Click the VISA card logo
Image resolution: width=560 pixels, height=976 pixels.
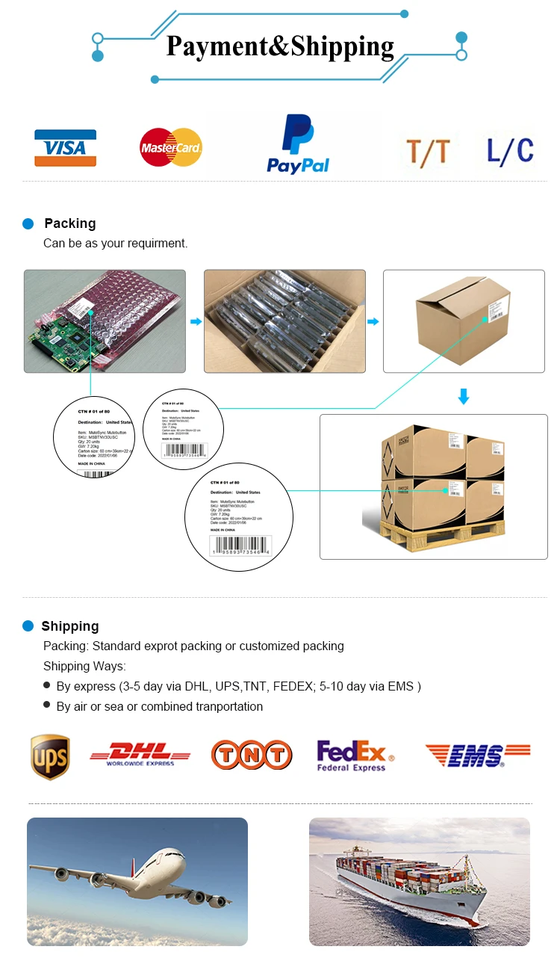(65, 148)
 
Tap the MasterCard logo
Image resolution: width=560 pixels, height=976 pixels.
(171, 147)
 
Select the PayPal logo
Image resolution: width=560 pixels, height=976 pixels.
(298, 145)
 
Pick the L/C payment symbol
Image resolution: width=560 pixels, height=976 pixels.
(510, 150)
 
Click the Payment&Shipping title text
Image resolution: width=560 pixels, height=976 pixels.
(280, 46)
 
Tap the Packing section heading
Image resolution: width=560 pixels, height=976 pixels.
(70, 223)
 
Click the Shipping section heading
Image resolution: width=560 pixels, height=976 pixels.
(70, 626)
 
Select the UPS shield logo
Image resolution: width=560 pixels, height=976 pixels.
(50, 756)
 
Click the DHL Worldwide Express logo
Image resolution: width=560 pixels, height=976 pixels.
(140, 754)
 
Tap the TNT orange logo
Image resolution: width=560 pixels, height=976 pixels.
(251, 755)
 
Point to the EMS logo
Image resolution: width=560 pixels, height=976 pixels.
(478, 756)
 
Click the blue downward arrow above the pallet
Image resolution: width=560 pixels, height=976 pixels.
(464, 396)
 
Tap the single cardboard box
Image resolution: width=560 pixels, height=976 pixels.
(462, 323)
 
